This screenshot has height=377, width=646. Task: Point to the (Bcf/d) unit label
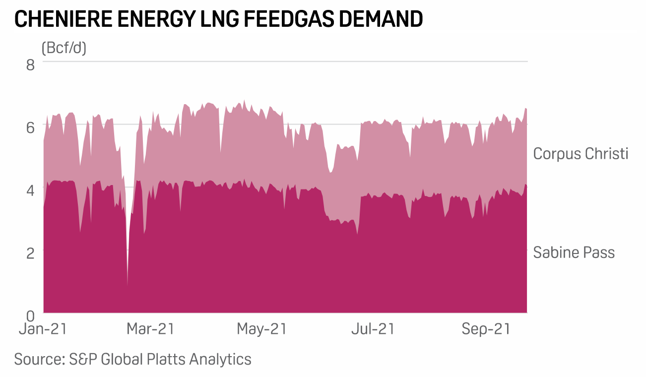tap(64, 48)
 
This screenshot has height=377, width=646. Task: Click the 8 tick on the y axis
tap(30, 64)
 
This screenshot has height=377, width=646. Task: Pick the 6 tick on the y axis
tap(30, 127)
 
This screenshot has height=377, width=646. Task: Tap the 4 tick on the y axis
tap(30, 189)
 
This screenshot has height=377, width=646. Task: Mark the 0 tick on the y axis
tap(30, 314)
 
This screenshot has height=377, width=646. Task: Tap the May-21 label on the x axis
tap(262, 329)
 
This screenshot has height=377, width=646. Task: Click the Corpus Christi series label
tap(581, 154)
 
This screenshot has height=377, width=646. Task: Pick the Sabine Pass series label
tap(574, 252)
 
